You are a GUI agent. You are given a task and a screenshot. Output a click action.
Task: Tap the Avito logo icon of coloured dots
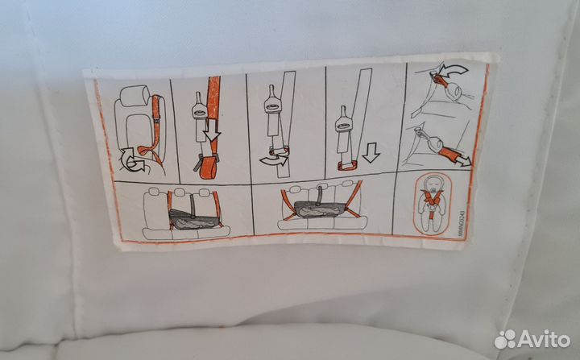pos(506,339)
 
